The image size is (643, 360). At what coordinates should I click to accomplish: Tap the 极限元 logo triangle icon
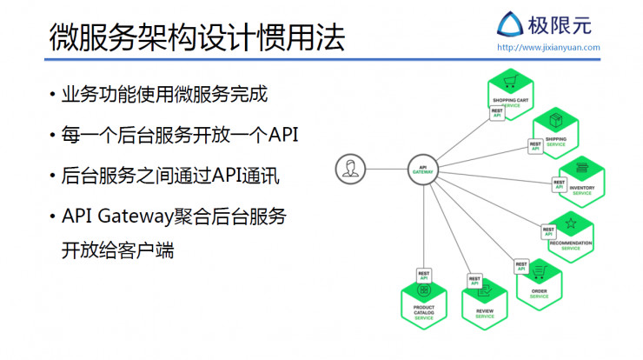(x=510, y=24)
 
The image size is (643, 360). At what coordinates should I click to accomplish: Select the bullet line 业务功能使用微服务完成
(x=164, y=95)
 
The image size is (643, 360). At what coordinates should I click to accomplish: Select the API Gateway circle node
(x=422, y=168)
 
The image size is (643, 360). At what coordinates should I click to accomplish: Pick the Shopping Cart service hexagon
(x=510, y=92)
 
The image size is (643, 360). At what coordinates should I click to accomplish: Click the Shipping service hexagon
(x=556, y=130)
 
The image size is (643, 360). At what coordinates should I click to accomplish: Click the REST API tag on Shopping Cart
(x=498, y=114)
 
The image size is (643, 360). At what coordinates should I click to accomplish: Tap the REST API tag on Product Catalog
(x=424, y=276)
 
